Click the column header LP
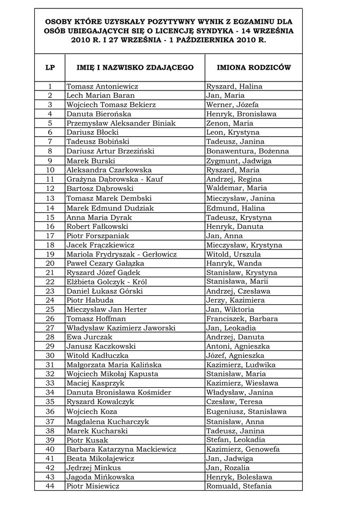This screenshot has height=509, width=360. [x=50, y=68]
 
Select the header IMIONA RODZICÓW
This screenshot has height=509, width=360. [x=254, y=68]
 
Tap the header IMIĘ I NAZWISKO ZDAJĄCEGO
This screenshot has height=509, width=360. [x=135, y=68]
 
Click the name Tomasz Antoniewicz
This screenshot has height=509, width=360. [x=102, y=86]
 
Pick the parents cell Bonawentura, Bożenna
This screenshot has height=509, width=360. [x=247, y=151]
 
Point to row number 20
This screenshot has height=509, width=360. [x=50, y=263]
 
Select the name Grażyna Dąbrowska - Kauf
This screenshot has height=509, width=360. [x=115, y=179]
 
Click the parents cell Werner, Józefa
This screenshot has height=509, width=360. [x=232, y=105]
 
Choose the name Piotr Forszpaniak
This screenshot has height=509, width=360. [x=97, y=236]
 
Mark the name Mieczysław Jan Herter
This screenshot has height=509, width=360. [x=107, y=310]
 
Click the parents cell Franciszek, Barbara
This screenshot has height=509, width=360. [x=242, y=319]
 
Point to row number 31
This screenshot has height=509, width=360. [x=50, y=365]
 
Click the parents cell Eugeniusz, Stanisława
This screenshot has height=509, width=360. [x=246, y=412]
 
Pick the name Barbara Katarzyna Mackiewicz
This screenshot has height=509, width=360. [x=121, y=449]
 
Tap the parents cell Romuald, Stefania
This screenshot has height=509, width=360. [x=239, y=486]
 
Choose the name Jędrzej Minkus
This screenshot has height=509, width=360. [x=93, y=468]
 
